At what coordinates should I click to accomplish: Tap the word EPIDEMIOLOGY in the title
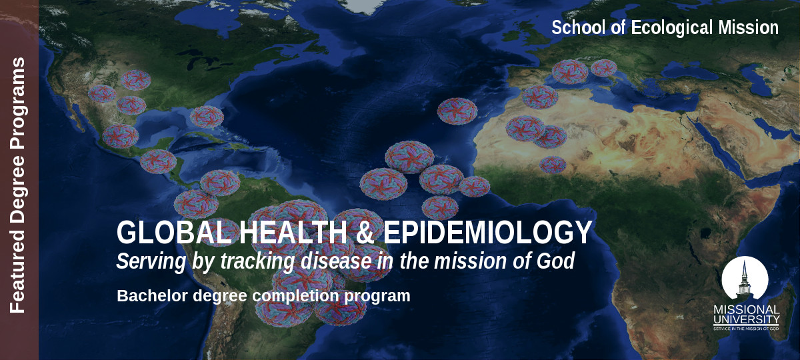488,232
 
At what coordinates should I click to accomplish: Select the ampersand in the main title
365,232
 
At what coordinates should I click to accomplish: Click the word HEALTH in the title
293,232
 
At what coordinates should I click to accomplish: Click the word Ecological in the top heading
672,28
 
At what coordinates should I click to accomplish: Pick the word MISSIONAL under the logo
747,309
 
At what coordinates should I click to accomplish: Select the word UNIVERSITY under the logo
747,319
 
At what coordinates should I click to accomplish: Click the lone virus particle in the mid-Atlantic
457,111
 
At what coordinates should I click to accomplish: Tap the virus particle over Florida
207,117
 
